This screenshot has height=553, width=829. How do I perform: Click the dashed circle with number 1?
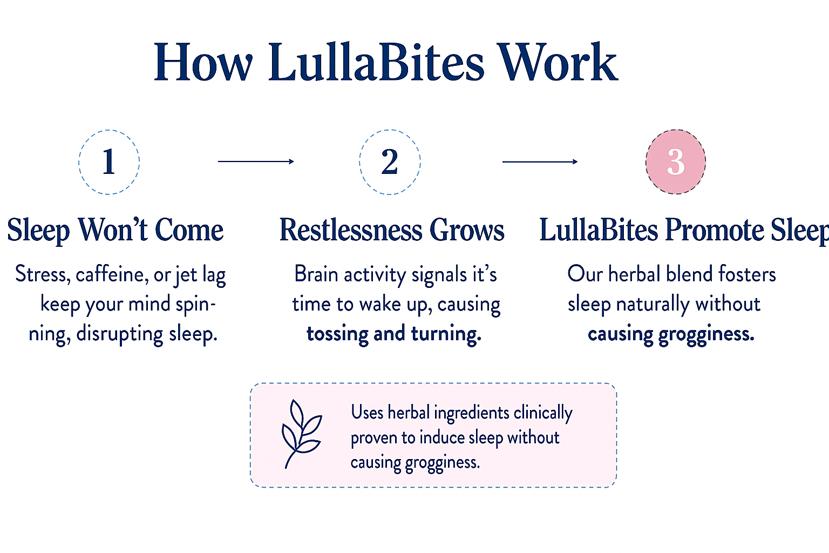[79, 162]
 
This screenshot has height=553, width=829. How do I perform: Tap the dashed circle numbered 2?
[360, 162]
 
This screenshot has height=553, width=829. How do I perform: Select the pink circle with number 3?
[676, 162]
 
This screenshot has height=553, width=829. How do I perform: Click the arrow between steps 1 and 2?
[256, 161]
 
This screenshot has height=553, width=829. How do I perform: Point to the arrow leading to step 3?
[540, 161]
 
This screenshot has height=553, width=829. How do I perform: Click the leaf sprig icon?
[302, 434]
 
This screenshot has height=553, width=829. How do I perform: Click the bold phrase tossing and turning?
[394, 334]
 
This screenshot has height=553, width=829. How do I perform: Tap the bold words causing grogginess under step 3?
[671, 334]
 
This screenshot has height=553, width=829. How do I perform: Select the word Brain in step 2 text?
[316, 274]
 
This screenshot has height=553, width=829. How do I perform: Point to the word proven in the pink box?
[373, 439]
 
